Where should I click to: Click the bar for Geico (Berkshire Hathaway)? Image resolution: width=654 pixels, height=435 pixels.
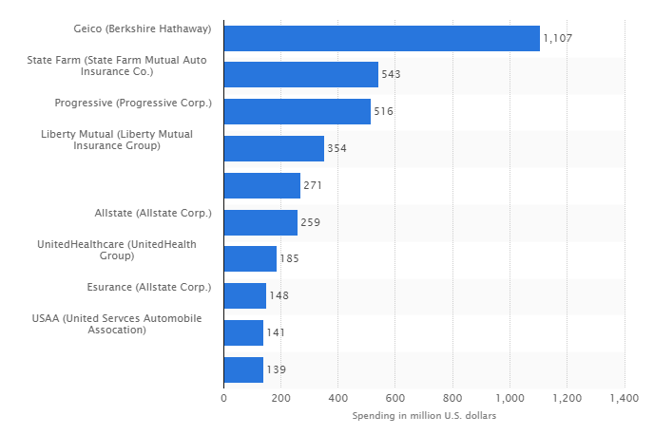point(381,38)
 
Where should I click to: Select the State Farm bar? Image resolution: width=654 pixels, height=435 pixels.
point(300,75)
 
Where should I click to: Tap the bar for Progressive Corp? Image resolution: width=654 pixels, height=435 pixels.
point(297,111)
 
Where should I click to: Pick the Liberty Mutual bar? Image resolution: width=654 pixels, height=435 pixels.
point(274,148)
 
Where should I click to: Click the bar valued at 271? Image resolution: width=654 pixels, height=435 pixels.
point(261,185)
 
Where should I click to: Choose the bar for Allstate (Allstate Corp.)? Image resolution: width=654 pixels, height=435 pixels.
point(260,222)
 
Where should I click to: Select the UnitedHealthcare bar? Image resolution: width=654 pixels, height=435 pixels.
point(250,258)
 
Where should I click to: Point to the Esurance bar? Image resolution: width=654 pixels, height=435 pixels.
point(244,295)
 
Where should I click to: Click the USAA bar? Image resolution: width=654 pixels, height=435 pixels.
point(243,332)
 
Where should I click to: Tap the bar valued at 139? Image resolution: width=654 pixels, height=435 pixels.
point(243,369)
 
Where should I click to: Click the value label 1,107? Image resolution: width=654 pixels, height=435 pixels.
point(558,38)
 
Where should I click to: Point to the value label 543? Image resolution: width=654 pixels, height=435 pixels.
point(392,75)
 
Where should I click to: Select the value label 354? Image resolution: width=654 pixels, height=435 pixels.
point(337,149)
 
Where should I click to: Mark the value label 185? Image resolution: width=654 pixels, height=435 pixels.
point(289,259)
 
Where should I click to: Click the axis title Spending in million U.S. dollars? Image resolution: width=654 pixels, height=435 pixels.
point(424,416)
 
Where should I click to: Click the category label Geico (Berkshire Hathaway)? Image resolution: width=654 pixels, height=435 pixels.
point(142,29)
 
